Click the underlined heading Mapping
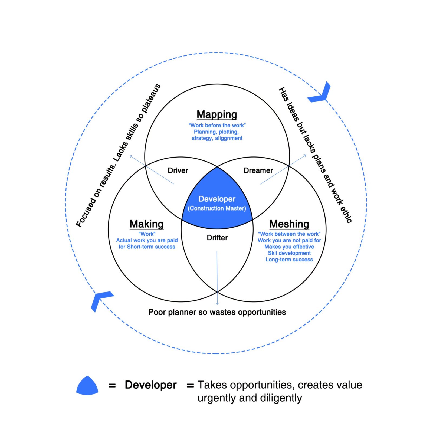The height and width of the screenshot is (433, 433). pos(217,114)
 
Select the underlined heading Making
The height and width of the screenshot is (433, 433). pos(146,224)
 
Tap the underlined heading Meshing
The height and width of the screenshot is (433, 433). pos(289,224)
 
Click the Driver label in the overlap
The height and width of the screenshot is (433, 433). pos(178,170)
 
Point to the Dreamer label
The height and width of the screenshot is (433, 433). pos(258,170)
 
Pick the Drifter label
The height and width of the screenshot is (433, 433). pos(217,238)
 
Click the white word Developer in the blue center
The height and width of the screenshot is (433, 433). pos(217,199)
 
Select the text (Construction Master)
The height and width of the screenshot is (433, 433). pos(217,208)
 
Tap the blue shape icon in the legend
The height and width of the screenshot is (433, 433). pos(87,386)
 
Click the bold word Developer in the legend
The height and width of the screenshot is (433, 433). pos(150,385)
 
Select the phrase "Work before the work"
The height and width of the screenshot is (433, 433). pos(217,125)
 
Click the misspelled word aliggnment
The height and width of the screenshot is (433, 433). pos(229,138)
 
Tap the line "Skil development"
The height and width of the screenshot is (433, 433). pos(289,253)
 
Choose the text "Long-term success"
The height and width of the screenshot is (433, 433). pos(289,260)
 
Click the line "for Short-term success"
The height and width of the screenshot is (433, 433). pos(147,247)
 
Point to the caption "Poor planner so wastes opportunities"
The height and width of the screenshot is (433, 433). pos(217,312)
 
